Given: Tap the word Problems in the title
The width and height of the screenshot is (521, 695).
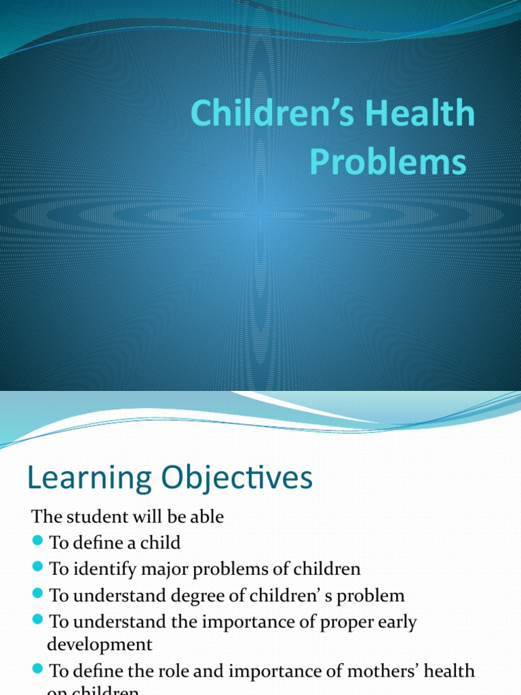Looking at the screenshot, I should (x=388, y=163).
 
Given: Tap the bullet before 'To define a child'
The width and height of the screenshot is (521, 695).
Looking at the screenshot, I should (x=37, y=541).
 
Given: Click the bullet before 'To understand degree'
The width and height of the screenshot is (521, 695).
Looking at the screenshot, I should (x=37, y=594).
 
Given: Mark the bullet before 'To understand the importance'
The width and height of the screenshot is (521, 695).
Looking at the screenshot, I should (x=37, y=620).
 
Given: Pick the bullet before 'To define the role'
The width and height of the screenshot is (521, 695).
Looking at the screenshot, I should (x=37, y=669).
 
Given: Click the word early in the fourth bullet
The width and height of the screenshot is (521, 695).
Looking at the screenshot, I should (x=393, y=622).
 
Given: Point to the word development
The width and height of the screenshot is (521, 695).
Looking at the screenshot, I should (x=100, y=643).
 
